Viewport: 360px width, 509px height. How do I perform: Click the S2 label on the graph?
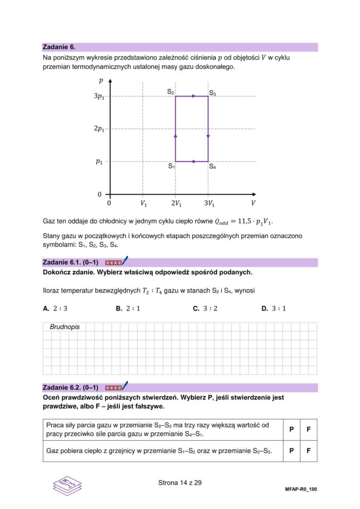pyautogui.click(x=170, y=92)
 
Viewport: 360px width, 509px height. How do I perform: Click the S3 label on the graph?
pyautogui.click(x=213, y=94)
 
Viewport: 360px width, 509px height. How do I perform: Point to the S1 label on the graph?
pyautogui.click(x=171, y=166)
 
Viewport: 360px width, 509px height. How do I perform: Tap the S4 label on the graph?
pyautogui.click(x=213, y=166)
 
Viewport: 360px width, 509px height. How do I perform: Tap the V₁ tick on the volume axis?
pyautogui.click(x=143, y=204)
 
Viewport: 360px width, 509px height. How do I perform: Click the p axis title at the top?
pyautogui.click(x=101, y=81)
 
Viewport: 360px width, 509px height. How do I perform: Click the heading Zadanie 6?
pyautogui.click(x=60, y=47)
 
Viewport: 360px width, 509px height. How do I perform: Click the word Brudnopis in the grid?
pyautogui.click(x=65, y=327)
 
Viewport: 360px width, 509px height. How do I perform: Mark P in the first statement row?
pyautogui.click(x=291, y=429)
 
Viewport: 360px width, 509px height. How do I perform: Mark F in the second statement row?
pyautogui.click(x=308, y=450)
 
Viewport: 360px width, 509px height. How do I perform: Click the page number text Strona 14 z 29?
pyautogui.click(x=180, y=482)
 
